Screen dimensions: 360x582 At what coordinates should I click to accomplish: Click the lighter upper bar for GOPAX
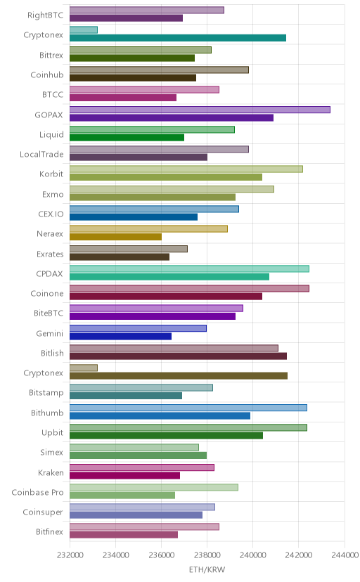200,110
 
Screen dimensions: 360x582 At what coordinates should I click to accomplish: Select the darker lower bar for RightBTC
126,18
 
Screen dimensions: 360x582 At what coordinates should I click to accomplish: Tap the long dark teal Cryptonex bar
178,38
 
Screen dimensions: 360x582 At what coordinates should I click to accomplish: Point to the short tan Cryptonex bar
84,368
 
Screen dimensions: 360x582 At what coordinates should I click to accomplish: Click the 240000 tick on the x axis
252,555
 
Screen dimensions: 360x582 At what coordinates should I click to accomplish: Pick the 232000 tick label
70,555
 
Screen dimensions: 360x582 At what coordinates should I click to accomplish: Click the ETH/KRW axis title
207,570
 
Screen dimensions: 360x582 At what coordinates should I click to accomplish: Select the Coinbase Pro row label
37,492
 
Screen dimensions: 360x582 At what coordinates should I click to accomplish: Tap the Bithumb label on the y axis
47,413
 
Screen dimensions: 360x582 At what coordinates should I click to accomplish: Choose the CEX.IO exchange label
51,214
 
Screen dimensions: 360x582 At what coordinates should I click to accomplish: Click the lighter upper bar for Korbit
186,169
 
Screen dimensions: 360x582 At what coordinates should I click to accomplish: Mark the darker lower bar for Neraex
115,237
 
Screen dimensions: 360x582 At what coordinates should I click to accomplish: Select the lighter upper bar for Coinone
189,288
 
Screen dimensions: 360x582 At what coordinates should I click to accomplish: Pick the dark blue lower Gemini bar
121,336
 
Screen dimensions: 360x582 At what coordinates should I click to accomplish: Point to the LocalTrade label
41,155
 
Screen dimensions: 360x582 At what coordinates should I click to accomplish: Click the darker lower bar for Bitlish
178,356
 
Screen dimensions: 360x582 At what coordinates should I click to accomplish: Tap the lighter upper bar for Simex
134,447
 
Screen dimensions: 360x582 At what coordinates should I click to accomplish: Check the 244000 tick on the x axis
345,555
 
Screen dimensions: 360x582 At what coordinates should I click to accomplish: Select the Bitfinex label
50,532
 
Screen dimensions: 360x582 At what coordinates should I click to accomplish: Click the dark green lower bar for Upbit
166,436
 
